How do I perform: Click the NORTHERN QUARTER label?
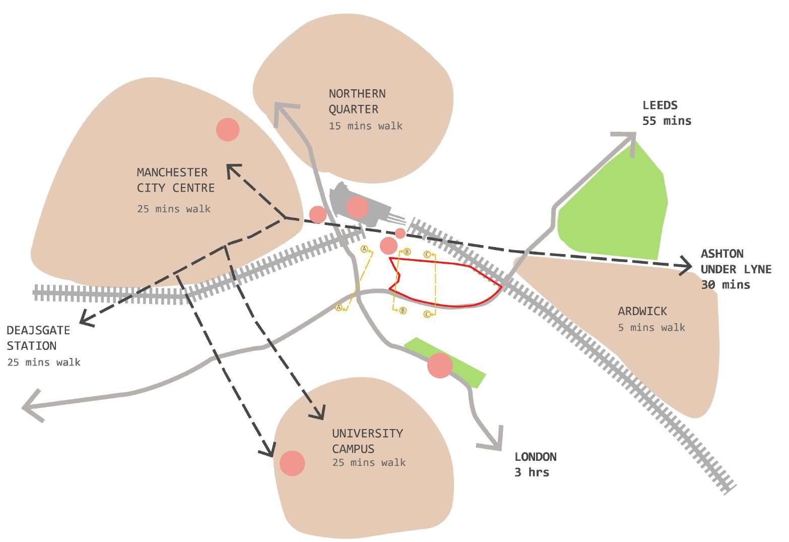point(357,101)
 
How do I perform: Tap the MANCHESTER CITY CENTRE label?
point(175,180)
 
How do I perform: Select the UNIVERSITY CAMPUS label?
point(367,441)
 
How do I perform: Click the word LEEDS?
point(660,105)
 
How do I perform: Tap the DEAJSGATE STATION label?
point(38,338)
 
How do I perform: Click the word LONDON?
point(535,457)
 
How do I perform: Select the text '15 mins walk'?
point(365,126)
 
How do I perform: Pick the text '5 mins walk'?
point(651,328)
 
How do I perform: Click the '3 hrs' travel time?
point(532,472)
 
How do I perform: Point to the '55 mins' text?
point(667,121)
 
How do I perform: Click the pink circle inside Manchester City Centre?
point(228,130)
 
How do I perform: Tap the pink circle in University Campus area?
point(292,463)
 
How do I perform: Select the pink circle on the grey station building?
point(357,207)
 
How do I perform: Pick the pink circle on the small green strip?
point(440,366)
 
